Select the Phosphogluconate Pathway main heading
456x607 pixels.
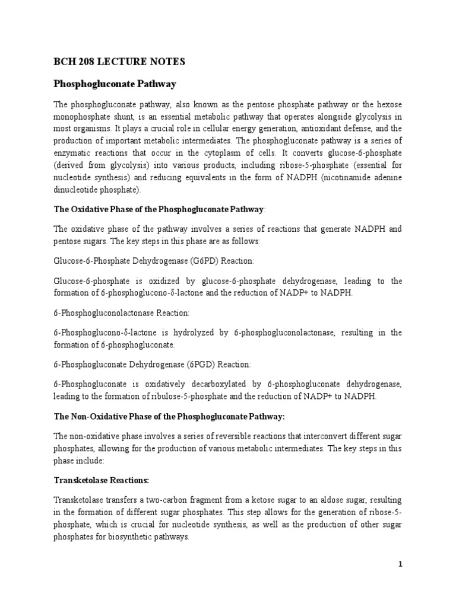click(x=115, y=84)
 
